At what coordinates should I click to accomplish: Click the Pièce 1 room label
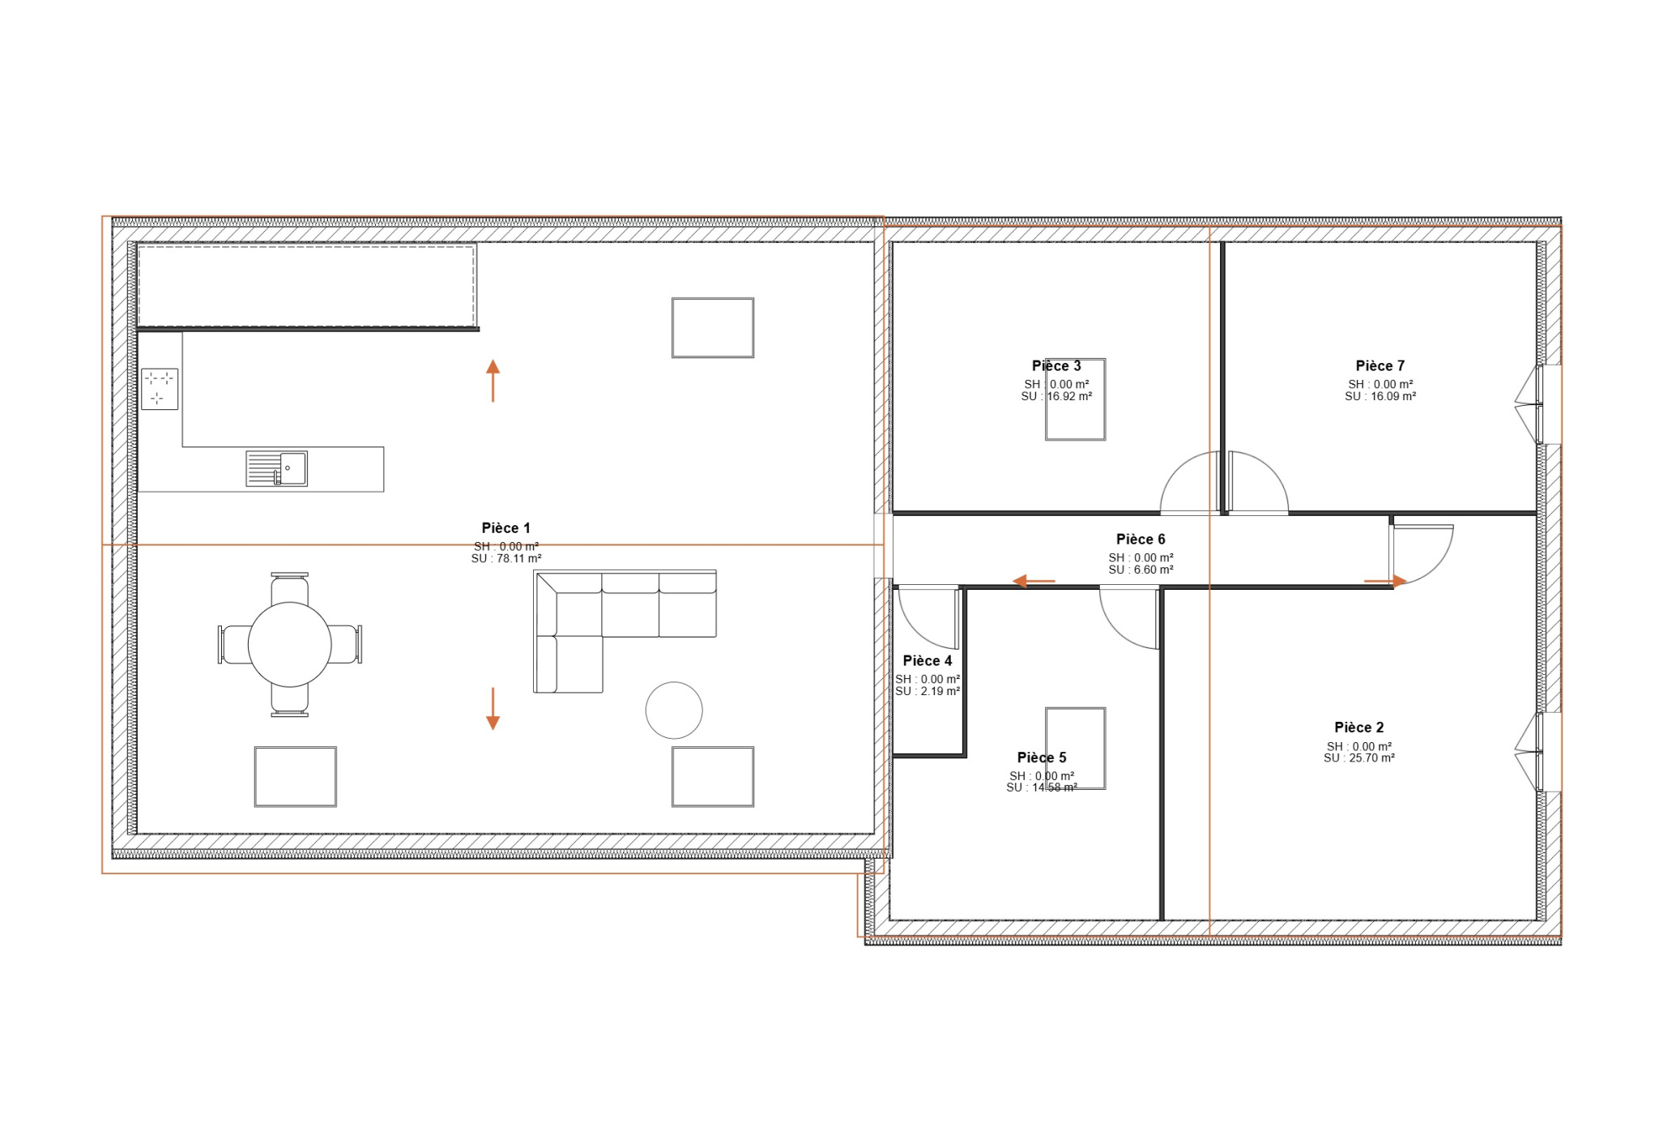tap(505, 528)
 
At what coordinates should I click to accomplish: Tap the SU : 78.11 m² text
tap(506, 559)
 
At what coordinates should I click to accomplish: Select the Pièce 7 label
tap(1380, 366)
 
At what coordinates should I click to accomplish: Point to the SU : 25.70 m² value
tap(1359, 758)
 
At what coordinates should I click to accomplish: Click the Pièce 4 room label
tap(928, 661)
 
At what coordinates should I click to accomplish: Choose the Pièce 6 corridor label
tap(1141, 540)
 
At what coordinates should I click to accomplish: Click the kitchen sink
tap(276, 468)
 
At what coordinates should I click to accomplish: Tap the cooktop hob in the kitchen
tap(160, 389)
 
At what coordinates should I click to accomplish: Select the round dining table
tap(290, 645)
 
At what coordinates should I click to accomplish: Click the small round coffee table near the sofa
tap(674, 711)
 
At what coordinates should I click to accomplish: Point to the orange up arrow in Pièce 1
tap(493, 381)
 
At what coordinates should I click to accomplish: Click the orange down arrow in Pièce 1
tap(493, 709)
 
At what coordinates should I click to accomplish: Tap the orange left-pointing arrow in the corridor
tap(1034, 581)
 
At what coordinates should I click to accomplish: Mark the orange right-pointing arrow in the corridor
tap(1385, 581)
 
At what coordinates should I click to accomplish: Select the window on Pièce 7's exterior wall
tap(1538, 404)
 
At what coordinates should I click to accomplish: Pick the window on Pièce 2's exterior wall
tap(1538, 752)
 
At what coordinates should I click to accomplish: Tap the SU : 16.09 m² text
tap(1380, 397)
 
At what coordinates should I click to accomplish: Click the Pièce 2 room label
tap(1359, 728)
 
